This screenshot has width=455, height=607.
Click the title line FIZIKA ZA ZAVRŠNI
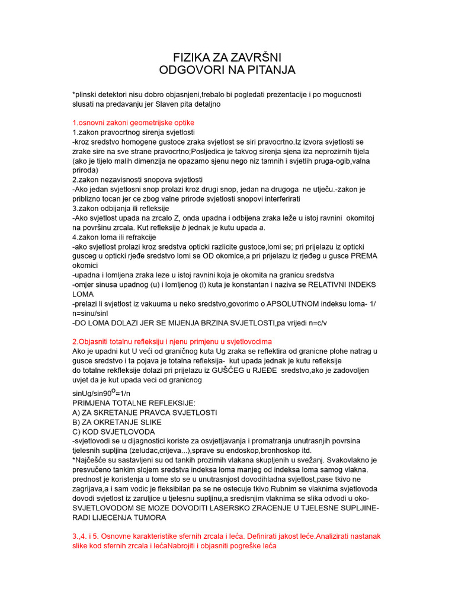pyautogui.click(x=227, y=57)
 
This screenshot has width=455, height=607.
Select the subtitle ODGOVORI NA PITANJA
pyautogui.click(x=227, y=71)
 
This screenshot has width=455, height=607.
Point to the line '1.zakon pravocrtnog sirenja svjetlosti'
pyautogui.click(x=133, y=132)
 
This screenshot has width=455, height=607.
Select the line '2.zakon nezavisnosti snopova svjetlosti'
pyautogui.click(x=137, y=179)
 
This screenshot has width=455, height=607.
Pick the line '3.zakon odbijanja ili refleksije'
pyautogui.click(x=120, y=209)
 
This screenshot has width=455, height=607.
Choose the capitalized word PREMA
pyautogui.click(x=364, y=256)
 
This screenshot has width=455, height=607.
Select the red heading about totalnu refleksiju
pyautogui.click(x=172, y=342)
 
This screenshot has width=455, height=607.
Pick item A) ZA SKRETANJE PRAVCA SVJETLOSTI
pyautogui.click(x=144, y=412)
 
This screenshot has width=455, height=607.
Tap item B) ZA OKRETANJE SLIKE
pyautogui.click(x=116, y=422)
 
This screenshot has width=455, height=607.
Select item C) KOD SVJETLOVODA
pyautogui.click(x=113, y=432)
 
